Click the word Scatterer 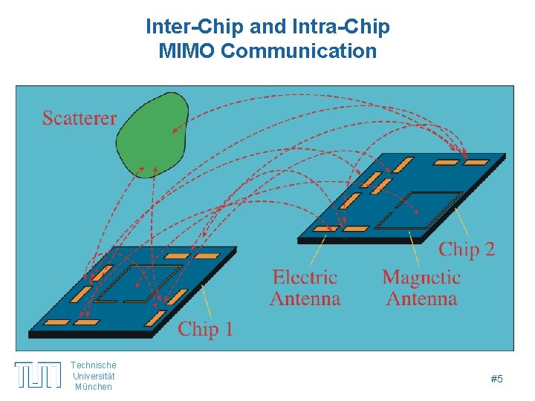(80, 118)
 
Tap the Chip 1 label (205, 329)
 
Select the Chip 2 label (466, 249)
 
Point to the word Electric (305, 278)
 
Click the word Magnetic (421, 278)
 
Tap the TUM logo (38, 375)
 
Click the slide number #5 (497, 379)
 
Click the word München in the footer (94, 387)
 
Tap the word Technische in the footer (94, 365)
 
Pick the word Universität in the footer (94, 376)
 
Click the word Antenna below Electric (305, 299)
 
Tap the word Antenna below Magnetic (421, 299)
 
